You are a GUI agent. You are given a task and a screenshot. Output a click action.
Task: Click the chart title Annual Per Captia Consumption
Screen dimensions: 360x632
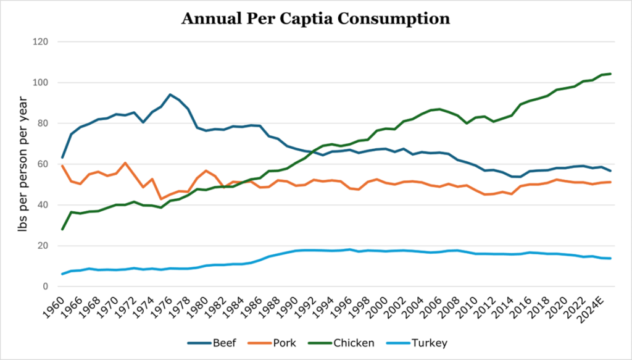pos(315,19)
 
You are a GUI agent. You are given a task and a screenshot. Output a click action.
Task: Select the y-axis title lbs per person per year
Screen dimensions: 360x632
pos(23,164)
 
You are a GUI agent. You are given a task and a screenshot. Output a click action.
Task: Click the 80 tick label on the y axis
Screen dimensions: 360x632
pos(44,123)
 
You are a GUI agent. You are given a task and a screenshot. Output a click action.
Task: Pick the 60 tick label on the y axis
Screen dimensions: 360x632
pos(44,164)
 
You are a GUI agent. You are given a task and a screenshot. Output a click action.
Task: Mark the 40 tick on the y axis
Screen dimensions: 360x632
pos(44,205)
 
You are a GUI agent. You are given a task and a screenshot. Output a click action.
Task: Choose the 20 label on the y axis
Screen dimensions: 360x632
pos(44,246)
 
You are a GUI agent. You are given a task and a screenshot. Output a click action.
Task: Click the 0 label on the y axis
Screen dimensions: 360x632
pos(46,287)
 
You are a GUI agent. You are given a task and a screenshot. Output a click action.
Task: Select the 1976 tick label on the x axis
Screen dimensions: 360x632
pos(163,304)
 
